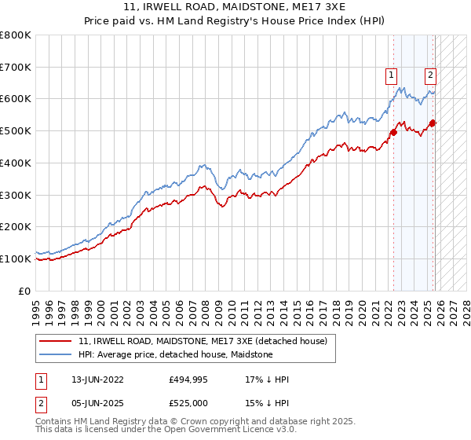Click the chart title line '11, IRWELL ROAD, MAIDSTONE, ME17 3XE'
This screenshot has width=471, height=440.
pos(235,8)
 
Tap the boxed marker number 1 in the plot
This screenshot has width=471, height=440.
pos(391,75)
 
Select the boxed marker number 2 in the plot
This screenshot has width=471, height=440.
pos(431,75)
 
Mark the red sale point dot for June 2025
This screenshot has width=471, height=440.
pos(433,123)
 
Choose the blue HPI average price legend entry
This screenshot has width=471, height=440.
pos(175,355)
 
